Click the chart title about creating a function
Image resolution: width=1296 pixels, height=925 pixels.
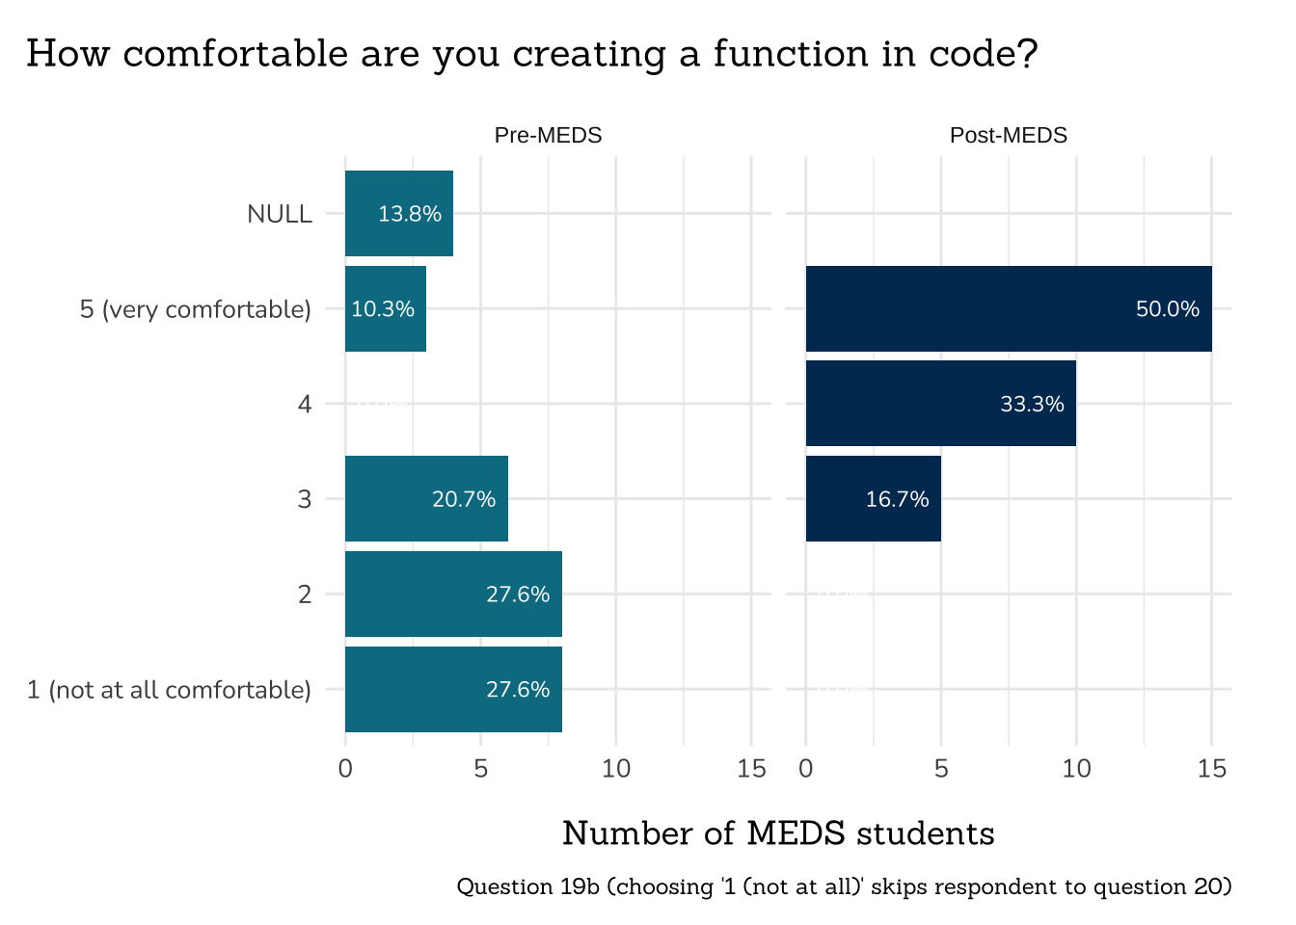(531, 54)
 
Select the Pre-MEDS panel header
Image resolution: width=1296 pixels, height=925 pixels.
(548, 136)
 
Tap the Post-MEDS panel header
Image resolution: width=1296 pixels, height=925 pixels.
(1009, 136)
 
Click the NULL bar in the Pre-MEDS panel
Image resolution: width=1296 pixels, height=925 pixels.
(398, 214)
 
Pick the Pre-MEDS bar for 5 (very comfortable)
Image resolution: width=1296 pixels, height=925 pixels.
(385, 309)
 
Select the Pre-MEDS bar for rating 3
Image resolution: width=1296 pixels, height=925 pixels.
(426, 499)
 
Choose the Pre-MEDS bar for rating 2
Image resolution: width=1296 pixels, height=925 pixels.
(453, 595)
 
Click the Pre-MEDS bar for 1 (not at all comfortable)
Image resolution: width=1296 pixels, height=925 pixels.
(453, 690)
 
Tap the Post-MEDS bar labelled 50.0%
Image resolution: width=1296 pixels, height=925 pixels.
(1009, 309)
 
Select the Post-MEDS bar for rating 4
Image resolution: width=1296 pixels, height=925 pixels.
(940, 405)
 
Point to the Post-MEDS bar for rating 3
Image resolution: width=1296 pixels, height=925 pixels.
(873, 499)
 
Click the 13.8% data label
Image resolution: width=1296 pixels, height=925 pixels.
(410, 214)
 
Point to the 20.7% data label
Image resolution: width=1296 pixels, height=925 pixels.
(464, 499)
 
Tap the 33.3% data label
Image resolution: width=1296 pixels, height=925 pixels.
(1032, 405)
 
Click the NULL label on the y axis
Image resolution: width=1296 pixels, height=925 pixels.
(280, 214)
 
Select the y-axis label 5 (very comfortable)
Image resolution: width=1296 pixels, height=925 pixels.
(196, 309)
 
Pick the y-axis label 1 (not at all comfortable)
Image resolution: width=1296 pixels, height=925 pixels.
(169, 690)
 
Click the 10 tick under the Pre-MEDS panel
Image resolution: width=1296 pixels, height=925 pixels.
(616, 769)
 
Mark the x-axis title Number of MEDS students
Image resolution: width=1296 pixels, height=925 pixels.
(778, 833)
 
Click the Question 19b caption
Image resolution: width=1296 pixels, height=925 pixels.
(844, 886)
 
